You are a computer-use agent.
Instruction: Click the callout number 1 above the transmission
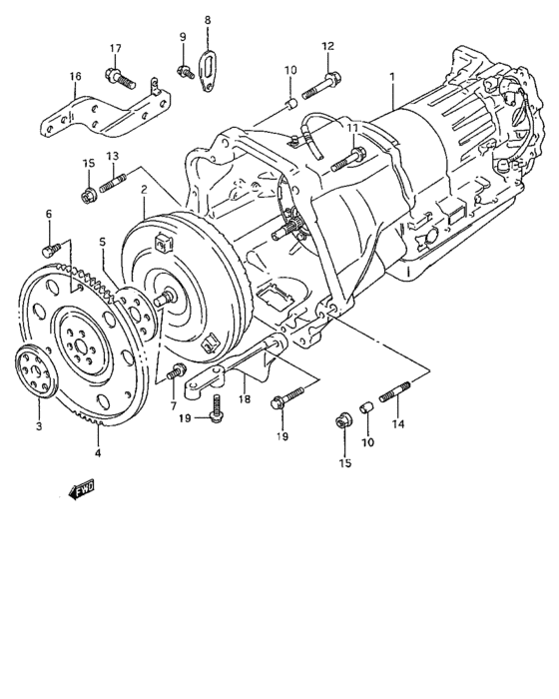pyautogui.click(x=392, y=77)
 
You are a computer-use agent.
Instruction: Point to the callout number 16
pyautogui.click(x=75, y=76)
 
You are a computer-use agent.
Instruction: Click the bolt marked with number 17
pyautogui.click(x=115, y=74)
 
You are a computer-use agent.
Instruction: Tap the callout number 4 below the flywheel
pyautogui.click(x=98, y=451)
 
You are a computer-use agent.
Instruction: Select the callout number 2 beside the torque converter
pyautogui.click(x=144, y=189)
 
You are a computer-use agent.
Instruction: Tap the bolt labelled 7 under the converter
pyautogui.click(x=178, y=373)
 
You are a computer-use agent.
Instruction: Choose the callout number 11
pyautogui.click(x=351, y=128)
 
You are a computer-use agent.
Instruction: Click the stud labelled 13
pyautogui.click(x=113, y=180)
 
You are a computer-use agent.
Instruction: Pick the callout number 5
pyautogui.click(x=102, y=241)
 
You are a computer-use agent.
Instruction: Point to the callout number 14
pyautogui.click(x=397, y=424)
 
